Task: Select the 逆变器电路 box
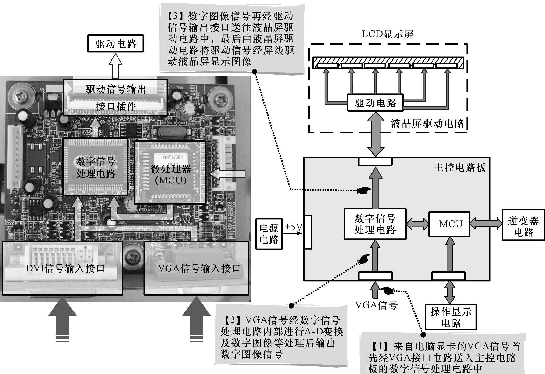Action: click(523, 226)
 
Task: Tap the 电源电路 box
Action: click(269, 234)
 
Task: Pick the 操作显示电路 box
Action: click(450, 317)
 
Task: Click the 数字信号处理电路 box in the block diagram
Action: click(375, 224)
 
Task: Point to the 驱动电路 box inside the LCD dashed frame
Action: click(375, 103)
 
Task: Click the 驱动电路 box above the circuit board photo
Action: click(115, 44)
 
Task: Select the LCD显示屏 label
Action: click(387, 34)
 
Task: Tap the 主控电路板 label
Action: click(459, 167)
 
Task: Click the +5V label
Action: click(293, 227)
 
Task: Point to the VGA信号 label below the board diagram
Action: click(376, 305)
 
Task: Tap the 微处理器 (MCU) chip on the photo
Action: click(171, 173)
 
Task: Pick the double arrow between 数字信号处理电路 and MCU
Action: click(417, 224)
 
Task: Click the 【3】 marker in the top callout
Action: click(174, 16)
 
